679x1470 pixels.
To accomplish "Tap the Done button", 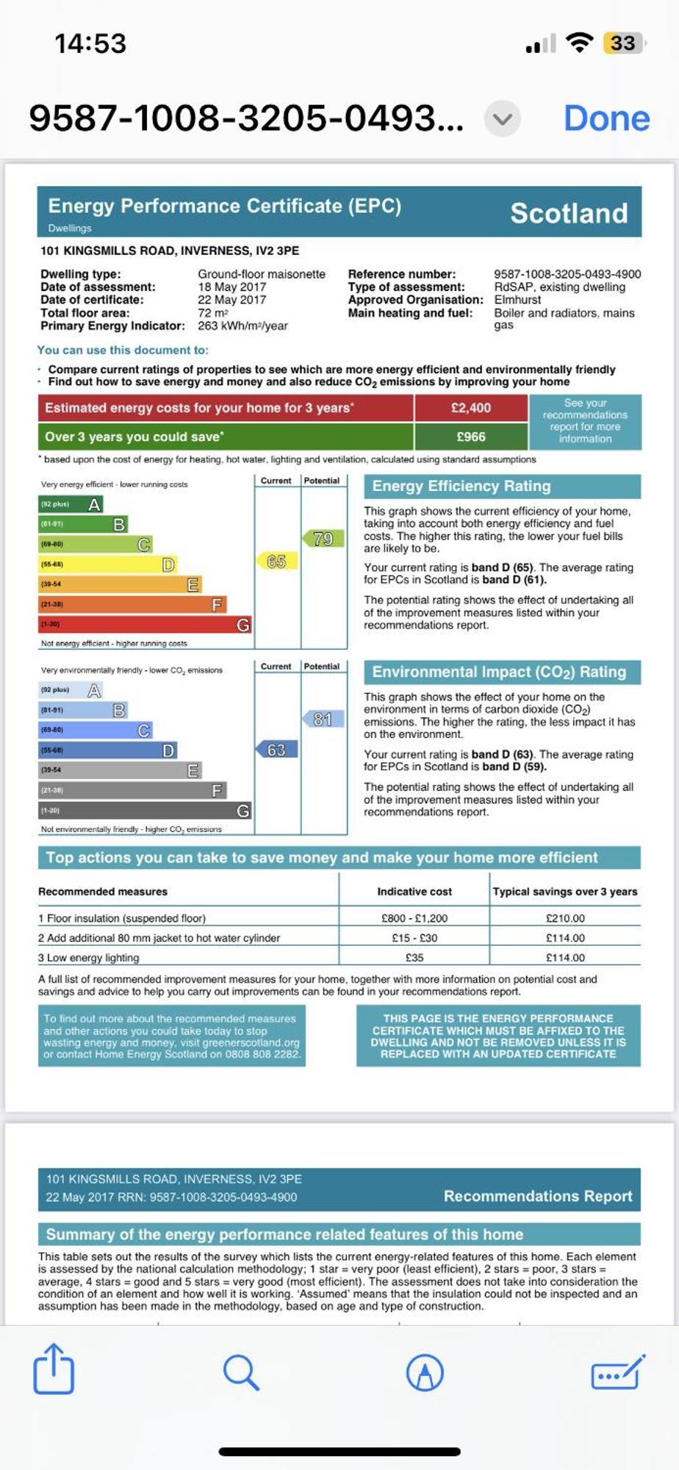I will (606, 118).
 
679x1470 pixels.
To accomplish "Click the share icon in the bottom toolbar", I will (54, 1369).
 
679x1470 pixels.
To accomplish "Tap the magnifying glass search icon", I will (240, 1372).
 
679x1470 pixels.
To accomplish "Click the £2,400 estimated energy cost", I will (470, 408).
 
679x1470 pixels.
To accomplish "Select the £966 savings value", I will (470, 437).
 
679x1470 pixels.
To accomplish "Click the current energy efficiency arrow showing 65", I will (276, 562).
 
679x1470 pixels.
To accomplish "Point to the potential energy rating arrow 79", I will (323, 539).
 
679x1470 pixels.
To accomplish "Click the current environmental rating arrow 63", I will (276, 750).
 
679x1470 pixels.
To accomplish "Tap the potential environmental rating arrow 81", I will (323, 719).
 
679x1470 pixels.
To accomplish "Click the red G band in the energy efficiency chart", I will (145, 624).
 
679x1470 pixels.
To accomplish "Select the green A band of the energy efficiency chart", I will (71, 504).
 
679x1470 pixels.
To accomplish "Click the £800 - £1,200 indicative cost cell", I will (414, 918).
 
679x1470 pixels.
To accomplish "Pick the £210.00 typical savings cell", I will (565, 918).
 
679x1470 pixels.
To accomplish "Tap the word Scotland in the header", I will (569, 213).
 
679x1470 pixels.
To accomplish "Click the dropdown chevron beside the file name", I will (503, 118).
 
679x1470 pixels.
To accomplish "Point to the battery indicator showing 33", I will (623, 43).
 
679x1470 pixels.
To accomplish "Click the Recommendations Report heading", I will (538, 1196).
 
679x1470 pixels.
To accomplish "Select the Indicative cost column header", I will (414, 892).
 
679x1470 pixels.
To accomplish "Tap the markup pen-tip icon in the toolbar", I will (425, 1372).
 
